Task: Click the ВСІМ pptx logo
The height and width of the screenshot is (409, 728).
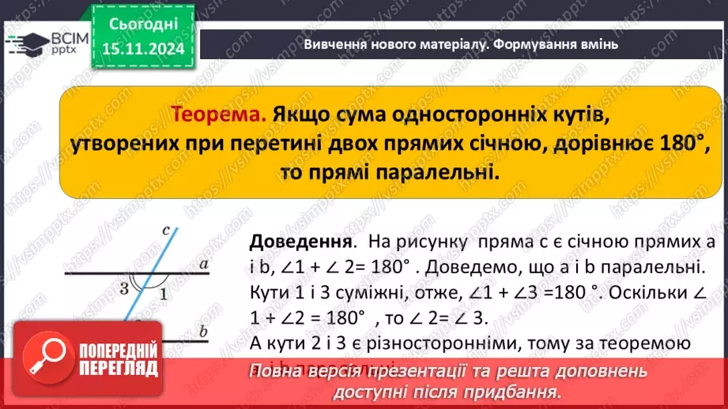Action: tap(47, 43)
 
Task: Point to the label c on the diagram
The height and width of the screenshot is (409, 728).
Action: tap(165, 231)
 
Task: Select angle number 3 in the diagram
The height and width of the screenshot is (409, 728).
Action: tap(124, 288)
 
